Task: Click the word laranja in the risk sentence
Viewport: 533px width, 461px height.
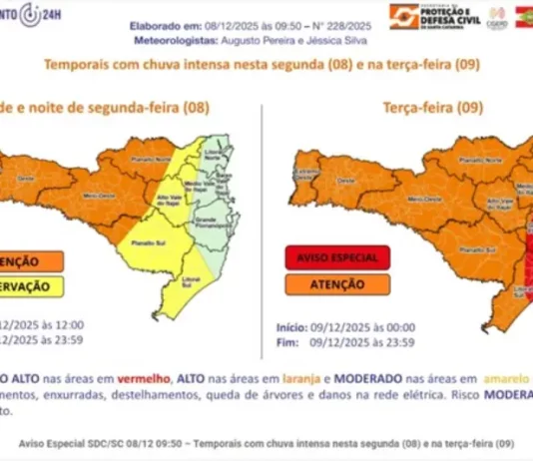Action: point(283,378)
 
